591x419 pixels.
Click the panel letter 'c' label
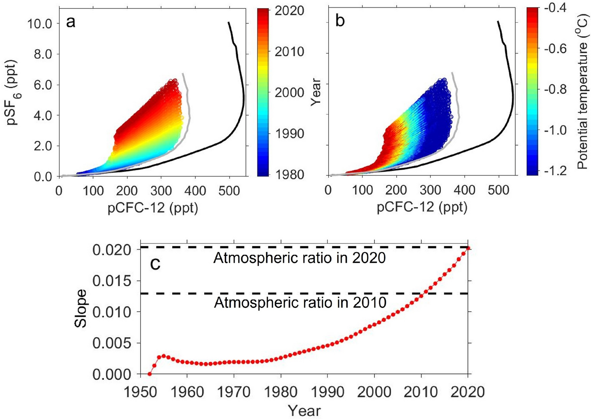[x=155, y=264]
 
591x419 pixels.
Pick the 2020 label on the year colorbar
[x=289, y=10]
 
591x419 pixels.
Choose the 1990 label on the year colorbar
[x=289, y=134]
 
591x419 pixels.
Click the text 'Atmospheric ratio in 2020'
[x=300, y=258]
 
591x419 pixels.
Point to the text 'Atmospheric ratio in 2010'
[x=300, y=303]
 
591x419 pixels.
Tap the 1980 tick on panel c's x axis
[x=280, y=392]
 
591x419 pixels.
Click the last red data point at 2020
[x=468, y=248]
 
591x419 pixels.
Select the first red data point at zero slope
[x=150, y=374]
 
